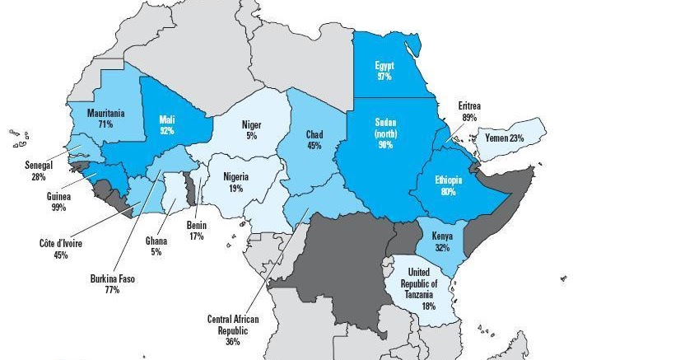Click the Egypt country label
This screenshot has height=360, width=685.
pyautogui.click(x=383, y=65)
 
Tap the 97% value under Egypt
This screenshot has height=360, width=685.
pyautogui.click(x=383, y=76)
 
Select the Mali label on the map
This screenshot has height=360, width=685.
pyautogui.click(x=166, y=119)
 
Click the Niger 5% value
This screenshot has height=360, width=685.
pyautogui.click(x=251, y=136)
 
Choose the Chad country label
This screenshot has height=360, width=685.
pyautogui.click(x=314, y=134)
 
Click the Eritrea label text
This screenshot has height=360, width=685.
pyautogui.click(x=469, y=106)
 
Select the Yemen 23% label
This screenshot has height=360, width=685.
pyautogui.click(x=505, y=138)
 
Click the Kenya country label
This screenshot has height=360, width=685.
pyautogui.click(x=441, y=236)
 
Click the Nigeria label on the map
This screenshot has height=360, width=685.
pyautogui.click(x=235, y=177)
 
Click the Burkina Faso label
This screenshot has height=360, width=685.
pyautogui.click(x=112, y=279)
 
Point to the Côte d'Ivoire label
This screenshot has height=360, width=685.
pyautogui.click(x=61, y=244)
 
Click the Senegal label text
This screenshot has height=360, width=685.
pyautogui.click(x=38, y=166)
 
